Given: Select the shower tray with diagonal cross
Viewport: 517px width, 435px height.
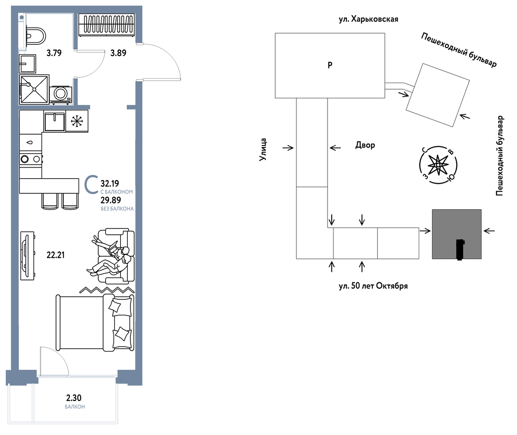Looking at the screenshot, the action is point(34,89).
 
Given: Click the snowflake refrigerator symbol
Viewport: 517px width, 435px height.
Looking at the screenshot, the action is point(77,121).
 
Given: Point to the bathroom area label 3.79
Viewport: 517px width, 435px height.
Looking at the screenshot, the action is point(54,53).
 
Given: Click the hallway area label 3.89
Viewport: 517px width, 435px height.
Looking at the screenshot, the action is point(118,53).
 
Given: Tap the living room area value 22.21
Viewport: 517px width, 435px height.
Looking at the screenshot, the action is point(56,255).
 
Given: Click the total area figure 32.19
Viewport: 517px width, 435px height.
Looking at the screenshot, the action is point(110,183).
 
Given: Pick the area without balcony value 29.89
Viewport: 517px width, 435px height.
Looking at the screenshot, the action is point(111,200).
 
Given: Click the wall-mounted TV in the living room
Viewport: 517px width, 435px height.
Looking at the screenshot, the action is point(27,256).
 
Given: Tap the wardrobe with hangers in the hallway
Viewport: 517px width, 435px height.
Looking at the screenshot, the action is point(107,25).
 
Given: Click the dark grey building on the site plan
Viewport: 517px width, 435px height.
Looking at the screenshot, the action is point(457,234).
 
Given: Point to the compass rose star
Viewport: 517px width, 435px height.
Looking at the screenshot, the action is point(438,165).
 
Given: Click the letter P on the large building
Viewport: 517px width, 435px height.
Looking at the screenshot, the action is point(330,65).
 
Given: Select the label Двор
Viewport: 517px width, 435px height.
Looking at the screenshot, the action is point(365,145).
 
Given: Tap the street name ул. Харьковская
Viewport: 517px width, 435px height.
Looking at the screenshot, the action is point(368,19).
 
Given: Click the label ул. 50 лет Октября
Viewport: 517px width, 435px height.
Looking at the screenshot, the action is point(373,286).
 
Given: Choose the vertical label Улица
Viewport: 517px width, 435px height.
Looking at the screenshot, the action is point(263,150).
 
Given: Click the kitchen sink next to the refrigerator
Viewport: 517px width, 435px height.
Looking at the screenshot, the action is point(54,121).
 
